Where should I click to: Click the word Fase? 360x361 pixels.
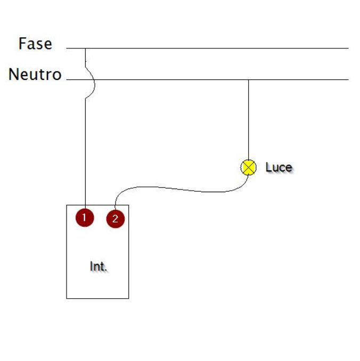[x=35, y=44]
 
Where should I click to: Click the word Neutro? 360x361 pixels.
[x=35, y=75]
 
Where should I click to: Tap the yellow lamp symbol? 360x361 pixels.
[x=248, y=167]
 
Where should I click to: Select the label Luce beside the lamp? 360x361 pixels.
[x=279, y=167]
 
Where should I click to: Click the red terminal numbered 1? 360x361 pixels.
[x=84, y=217]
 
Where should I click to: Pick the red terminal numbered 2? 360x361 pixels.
[x=115, y=219]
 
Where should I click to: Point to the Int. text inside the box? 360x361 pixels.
[x=98, y=266]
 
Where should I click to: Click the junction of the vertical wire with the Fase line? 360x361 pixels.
[x=85, y=48]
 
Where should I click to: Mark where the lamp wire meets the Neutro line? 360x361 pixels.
[x=248, y=80]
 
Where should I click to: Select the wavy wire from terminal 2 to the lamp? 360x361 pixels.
[x=176, y=189]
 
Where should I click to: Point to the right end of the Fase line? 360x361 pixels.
[x=348, y=48]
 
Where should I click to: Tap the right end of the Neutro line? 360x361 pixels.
[x=348, y=80]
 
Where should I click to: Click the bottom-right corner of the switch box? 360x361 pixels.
[x=128, y=298]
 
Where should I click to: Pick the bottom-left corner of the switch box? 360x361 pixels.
[x=67, y=298]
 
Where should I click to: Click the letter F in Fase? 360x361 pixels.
[x=22, y=44]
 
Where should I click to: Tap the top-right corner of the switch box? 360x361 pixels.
[x=128, y=206]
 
